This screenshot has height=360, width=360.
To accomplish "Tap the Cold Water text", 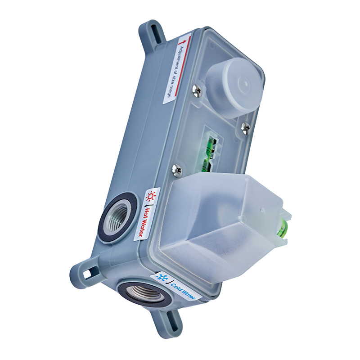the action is [183, 291].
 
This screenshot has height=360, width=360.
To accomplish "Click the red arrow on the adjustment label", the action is [183, 42].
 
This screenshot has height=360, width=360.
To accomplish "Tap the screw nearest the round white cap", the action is [197, 90].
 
